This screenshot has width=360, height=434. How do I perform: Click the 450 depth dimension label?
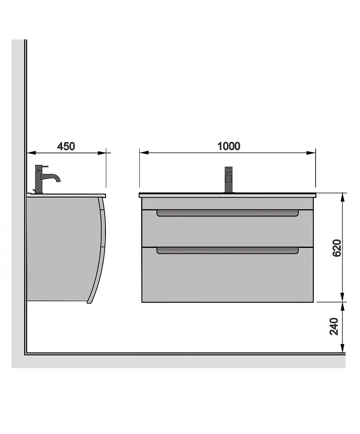(x=66, y=146)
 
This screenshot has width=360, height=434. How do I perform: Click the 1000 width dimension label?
(x=229, y=146)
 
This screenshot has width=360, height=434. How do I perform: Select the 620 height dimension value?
(x=337, y=248)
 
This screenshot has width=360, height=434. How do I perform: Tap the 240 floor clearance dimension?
(x=334, y=326)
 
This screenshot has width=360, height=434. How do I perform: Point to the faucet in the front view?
(x=228, y=180)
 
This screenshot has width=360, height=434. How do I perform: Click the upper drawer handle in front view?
(x=227, y=213)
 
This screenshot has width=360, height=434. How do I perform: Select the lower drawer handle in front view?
(x=227, y=251)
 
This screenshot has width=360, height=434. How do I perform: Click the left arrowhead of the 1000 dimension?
(x=144, y=153)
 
